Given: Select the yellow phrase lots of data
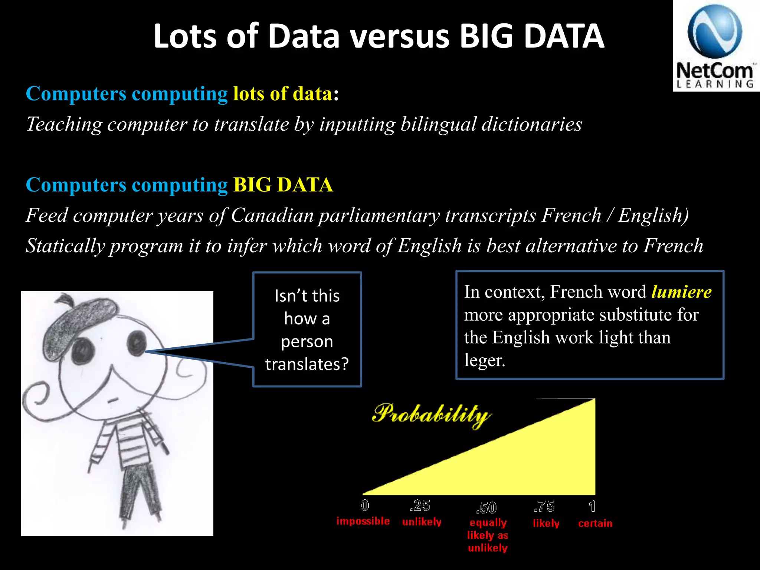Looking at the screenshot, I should point(282,94).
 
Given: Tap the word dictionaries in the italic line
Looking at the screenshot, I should point(532,124).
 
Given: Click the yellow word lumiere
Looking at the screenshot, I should point(681,292).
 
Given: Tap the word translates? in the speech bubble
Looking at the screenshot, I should point(307,364).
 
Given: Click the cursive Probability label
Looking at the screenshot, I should point(432,415).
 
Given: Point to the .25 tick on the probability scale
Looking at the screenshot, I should point(420,505).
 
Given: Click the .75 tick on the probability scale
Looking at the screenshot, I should point(544,506).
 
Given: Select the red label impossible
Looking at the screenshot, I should point(363,521).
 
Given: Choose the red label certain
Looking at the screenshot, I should point(595,523).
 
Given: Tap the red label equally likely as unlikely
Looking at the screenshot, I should point(488,535).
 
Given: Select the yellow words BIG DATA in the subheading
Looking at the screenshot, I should point(283,185).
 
